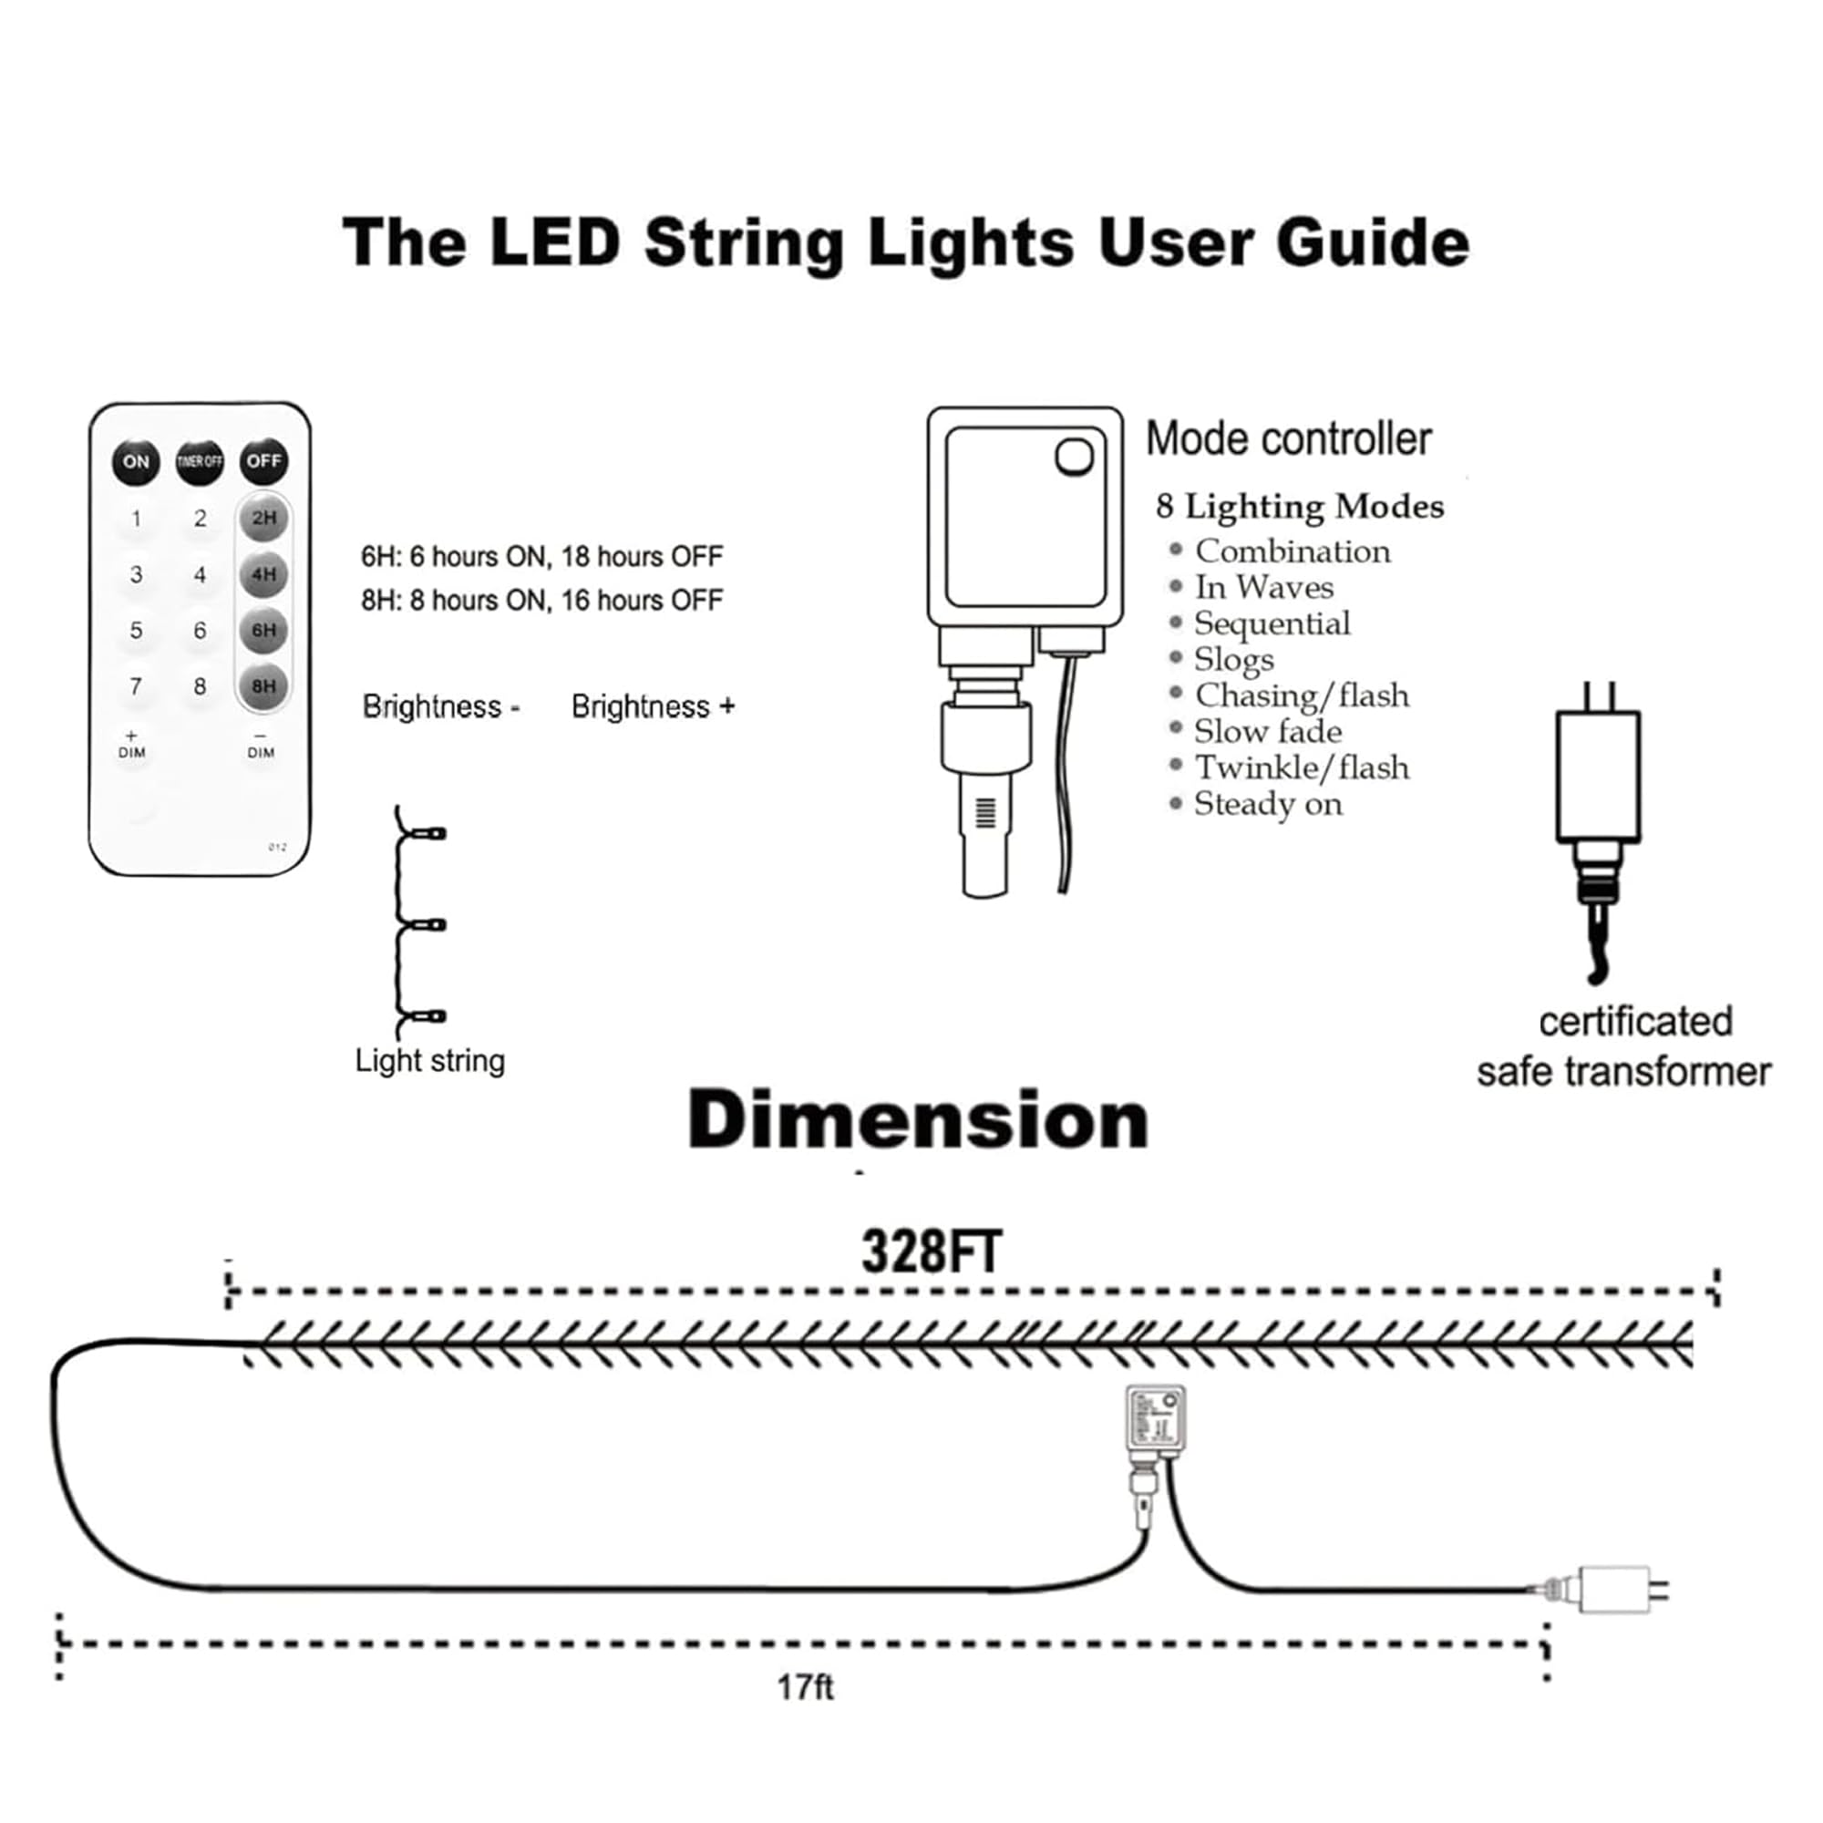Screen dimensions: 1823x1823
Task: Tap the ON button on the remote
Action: [136, 462]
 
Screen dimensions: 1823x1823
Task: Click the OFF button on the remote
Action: [263, 461]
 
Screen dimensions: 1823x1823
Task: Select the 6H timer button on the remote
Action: [263, 631]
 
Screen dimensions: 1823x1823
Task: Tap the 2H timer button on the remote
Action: [263, 518]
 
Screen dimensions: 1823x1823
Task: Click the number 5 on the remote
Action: [136, 631]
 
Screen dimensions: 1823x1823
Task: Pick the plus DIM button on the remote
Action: [132, 745]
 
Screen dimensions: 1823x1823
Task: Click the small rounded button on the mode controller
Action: [1074, 458]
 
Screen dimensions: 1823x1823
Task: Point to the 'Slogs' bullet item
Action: [1233, 660]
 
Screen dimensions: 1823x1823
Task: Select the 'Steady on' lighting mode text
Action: [1267, 804]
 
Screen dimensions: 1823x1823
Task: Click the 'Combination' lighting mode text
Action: [1292, 551]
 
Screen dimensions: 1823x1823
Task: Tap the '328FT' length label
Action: [931, 1253]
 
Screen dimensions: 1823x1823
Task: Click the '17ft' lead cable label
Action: [805, 1687]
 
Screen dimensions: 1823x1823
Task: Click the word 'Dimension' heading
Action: [918, 1120]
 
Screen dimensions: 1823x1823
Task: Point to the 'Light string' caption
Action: [430, 1061]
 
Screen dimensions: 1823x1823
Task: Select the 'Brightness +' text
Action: [653, 706]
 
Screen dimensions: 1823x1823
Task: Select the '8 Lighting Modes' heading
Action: [1299, 507]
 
